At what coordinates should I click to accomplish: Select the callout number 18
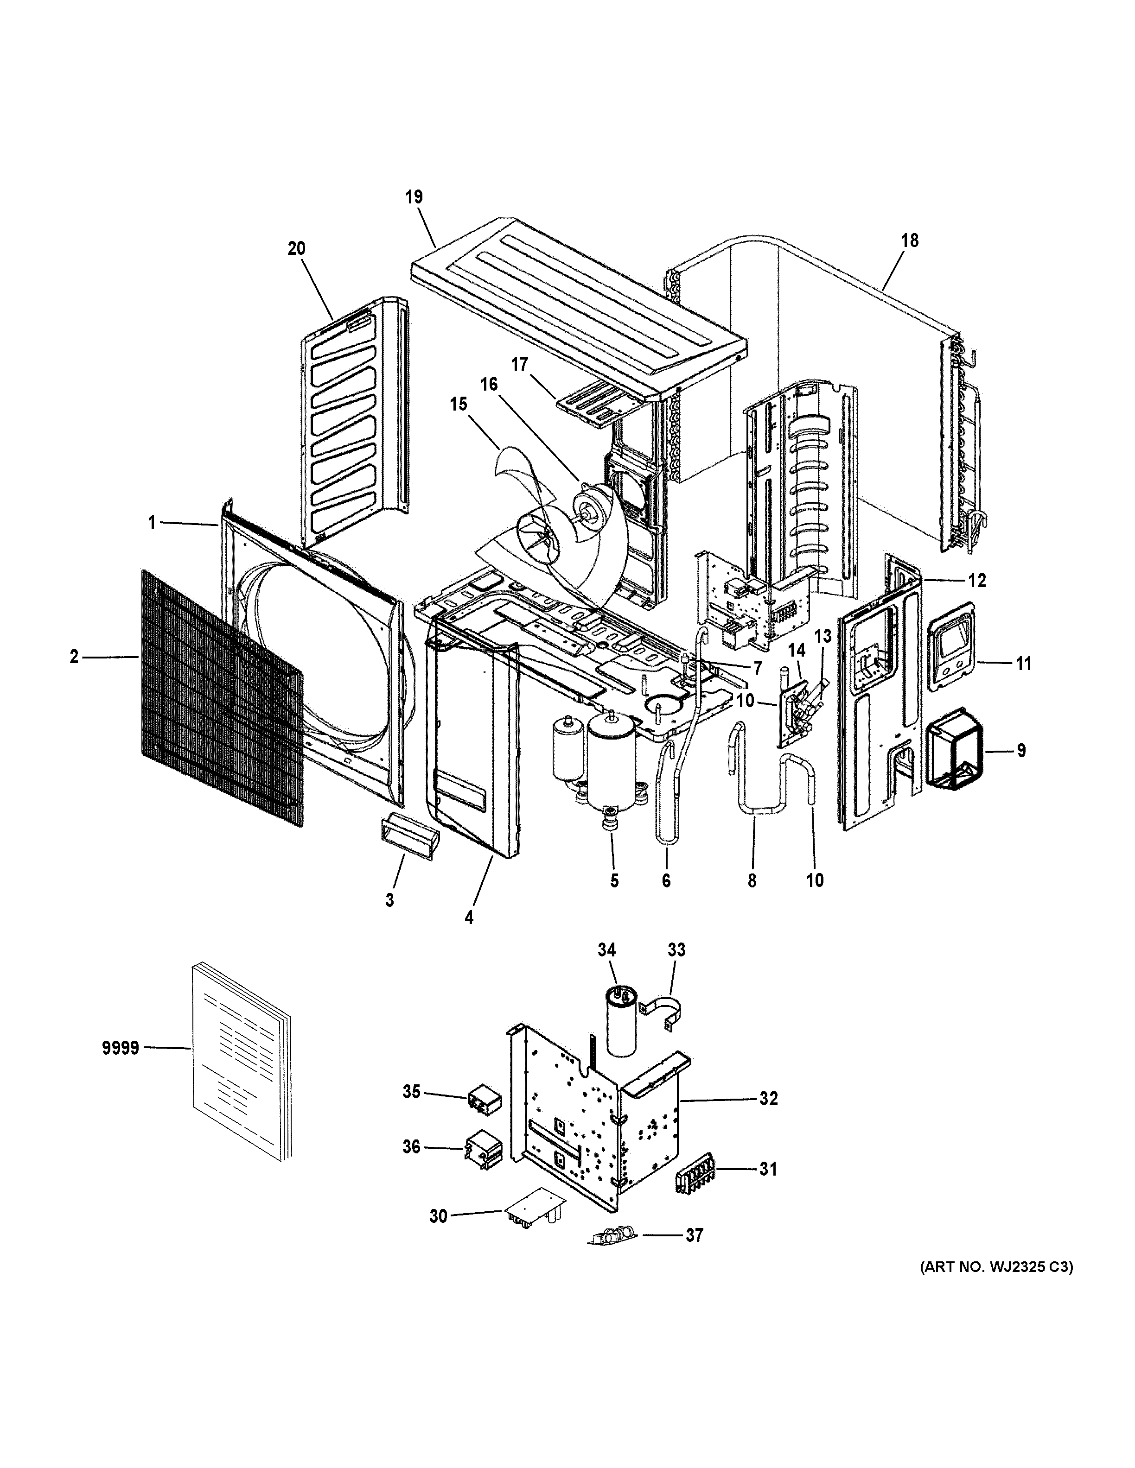[910, 240]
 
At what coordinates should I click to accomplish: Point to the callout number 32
[769, 1098]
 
